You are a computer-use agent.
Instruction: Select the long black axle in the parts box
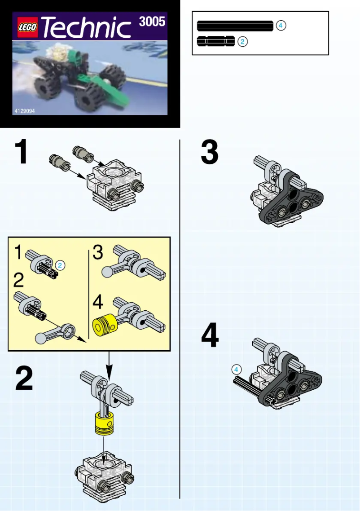pyautogui.click(x=235, y=26)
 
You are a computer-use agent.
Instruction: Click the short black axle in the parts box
pyautogui.click(x=215, y=42)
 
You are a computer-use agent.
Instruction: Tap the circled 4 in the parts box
pyautogui.click(x=281, y=26)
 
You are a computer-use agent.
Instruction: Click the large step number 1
pyautogui.click(x=21, y=153)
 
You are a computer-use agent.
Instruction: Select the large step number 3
pyautogui.click(x=210, y=153)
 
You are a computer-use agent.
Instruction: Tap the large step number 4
pyautogui.click(x=210, y=336)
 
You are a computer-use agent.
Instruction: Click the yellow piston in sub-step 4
pyautogui.click(x=104, y=326)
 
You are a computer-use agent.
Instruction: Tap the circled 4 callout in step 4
pyautogui.click(x=237, y=369)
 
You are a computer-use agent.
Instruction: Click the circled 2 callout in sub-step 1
pyautogui.click(x=61, y=265)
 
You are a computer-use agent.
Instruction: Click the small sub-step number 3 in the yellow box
pyautogui.click(x=98, y=252)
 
